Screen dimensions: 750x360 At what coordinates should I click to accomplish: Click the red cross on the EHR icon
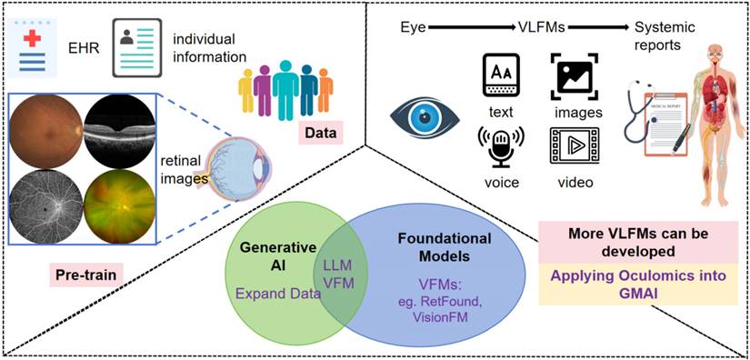click(x=32, y=36)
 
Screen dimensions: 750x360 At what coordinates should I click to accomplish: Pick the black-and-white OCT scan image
click(x=120, y=130)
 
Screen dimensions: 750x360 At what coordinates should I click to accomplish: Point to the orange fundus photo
click(x=46, y=130)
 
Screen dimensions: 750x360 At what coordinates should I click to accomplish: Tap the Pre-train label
click(x=85, y=275)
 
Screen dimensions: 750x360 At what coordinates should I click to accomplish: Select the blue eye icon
click(x=425, y=118)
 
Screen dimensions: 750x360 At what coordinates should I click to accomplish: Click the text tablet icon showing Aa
click(x=501, y=75)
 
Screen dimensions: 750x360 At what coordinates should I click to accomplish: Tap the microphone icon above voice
click(x=501, y=148)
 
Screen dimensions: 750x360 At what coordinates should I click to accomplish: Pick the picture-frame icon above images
click(x=575, y=75)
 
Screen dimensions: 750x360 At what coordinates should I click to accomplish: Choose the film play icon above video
click(x=575, y=145)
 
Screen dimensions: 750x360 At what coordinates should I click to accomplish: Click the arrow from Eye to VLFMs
click(x=471, y=29)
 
